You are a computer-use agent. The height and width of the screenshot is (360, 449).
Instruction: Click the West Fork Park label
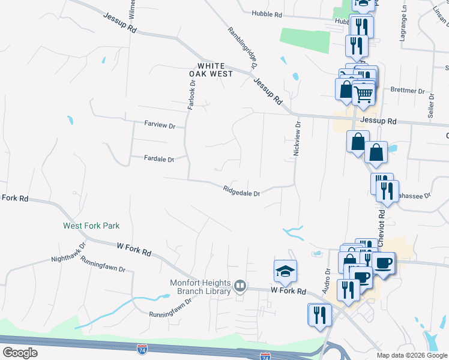[91, 226]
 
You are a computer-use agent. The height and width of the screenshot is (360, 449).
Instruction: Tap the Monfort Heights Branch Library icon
[240, 286]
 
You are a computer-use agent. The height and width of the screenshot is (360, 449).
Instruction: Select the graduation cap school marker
[285, 271]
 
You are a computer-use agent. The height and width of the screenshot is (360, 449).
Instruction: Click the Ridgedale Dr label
[241, 193]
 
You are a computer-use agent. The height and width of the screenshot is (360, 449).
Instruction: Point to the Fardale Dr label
[158, 159]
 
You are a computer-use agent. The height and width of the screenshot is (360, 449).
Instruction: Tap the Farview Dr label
[159, 125]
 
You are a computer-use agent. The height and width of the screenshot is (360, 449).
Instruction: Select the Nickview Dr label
[297, 138]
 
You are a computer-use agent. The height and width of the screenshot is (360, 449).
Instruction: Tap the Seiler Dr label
[431, 106]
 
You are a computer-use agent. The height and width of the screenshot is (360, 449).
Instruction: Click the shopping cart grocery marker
[363, 92]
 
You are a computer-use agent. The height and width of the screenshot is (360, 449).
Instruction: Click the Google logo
[20, 353]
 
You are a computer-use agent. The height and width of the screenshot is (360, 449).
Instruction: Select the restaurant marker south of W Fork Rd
[319, 314]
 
